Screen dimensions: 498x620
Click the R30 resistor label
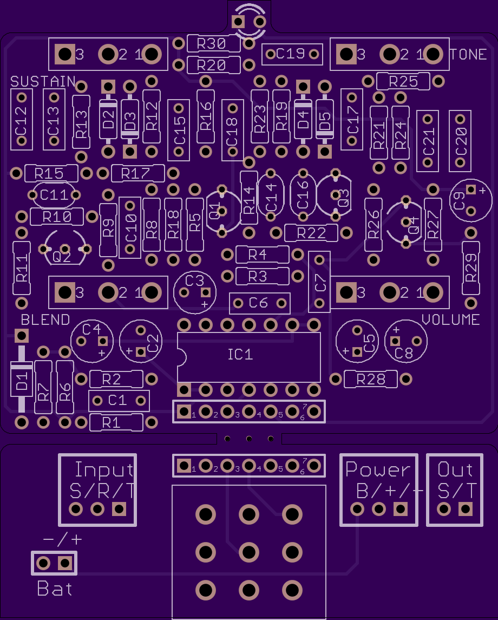(211, 43)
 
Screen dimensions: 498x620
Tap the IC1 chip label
(240, 354)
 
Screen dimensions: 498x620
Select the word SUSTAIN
(43, 81)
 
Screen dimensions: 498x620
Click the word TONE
(468, 54)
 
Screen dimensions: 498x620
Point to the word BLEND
(45, 319)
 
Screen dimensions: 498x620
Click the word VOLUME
(451, 319)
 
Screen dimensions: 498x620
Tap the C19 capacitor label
(291, 54)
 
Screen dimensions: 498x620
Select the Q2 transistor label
(62, 257)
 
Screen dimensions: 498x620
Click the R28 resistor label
(371, 380)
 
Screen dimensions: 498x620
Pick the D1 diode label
(22, 380)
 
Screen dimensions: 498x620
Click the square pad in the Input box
(119, 509)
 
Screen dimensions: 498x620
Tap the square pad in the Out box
(465, 509)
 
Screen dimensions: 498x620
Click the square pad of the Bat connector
(65, 563)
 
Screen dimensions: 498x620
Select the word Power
(378, 470)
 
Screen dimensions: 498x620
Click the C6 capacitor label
(259, 303)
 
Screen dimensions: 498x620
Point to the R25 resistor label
(403, 81)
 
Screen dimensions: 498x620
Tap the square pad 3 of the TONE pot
(346, 54)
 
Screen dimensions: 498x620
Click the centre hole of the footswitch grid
(249, 552)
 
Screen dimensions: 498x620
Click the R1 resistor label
(112, 423)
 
